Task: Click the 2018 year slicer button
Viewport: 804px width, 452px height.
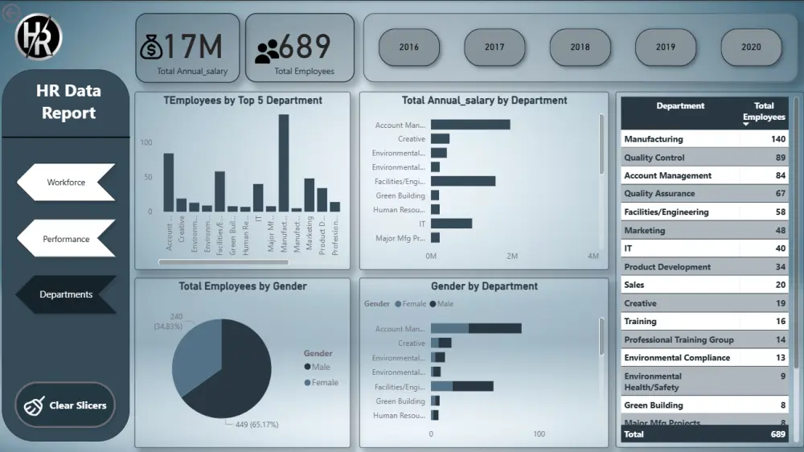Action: point(580,47)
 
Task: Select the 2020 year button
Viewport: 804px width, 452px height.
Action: point(751,47)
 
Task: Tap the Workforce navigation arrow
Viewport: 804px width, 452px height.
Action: point(66,183)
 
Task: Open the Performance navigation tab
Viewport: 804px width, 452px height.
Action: point(66,239)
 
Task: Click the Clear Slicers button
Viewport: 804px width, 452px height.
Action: point(65,405)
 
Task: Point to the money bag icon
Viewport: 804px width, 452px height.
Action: point(151,47)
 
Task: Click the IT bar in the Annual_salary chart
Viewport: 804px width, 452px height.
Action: point(451,224)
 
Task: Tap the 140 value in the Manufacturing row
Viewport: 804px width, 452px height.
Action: point(777,139)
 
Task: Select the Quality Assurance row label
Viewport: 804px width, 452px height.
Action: point(659,194)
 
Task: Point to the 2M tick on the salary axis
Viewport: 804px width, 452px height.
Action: point(512,257)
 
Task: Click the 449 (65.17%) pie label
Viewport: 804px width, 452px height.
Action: point(253,424)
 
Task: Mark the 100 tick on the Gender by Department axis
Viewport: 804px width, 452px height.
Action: point(539,434)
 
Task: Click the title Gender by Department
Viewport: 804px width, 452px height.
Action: point(484,286)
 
